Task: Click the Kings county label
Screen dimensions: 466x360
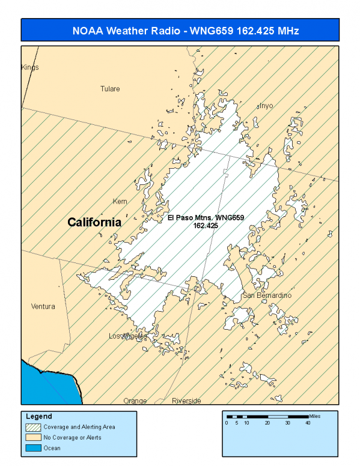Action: coord(30,67)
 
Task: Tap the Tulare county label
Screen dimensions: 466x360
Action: coord(110,89)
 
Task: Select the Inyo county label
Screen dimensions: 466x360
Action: coord(266,106)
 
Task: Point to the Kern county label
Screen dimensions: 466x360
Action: coord(120,201)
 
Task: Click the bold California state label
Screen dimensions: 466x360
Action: coord(94,222)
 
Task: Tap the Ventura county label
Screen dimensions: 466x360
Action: coord(43,306)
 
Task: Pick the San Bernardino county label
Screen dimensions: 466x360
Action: coord(267,296)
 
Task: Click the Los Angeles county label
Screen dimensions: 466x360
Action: coord(127,336)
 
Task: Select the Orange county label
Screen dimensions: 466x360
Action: coord(135,401)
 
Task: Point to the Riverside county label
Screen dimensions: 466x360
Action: coord(186,401)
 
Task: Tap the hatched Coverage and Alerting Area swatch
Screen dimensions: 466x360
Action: coord(34,427)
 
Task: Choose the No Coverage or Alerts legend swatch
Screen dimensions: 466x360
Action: coord(34,437)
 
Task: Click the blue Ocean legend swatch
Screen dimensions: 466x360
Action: coord(34,447)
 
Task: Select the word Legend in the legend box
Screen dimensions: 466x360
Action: coord(39,416)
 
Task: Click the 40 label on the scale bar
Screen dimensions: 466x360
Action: coord(307,423)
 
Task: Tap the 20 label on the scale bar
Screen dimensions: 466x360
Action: coord(267,423)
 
